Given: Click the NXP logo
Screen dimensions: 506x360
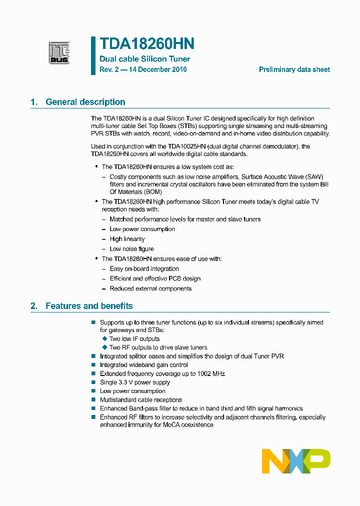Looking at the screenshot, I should pos(296,460).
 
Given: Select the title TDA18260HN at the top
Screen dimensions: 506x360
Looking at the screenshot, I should pos(147,44).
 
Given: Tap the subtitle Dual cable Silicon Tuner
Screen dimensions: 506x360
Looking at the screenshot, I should pos(145,59).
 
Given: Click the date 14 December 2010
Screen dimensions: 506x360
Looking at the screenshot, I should pos(157,69).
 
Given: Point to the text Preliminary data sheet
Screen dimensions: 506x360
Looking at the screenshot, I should pos(294,69).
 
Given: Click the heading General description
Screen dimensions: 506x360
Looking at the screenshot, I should pos(85,102).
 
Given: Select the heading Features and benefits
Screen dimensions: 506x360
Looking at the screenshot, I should pos(89,305).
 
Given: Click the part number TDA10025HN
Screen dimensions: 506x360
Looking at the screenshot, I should pos(187,146).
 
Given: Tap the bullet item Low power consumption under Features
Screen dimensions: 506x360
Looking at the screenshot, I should pos(132,391).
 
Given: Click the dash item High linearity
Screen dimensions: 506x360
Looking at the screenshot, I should pos(127,239).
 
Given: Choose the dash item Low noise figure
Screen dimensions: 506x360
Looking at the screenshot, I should pos(131,249).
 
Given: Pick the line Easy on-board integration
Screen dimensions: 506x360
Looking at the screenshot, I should pos(144,268).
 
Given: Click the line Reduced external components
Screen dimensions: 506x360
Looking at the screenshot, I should pos(150,288).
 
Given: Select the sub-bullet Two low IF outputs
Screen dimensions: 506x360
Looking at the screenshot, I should pos(134,339).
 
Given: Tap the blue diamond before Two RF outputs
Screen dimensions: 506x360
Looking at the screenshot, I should pos(104,347).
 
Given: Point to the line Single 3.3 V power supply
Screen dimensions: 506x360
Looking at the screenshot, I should pos(135,382).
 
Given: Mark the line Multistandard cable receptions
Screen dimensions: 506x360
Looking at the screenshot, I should pos(141,400).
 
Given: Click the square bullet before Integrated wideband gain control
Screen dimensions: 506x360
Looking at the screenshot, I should pos(93,365).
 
